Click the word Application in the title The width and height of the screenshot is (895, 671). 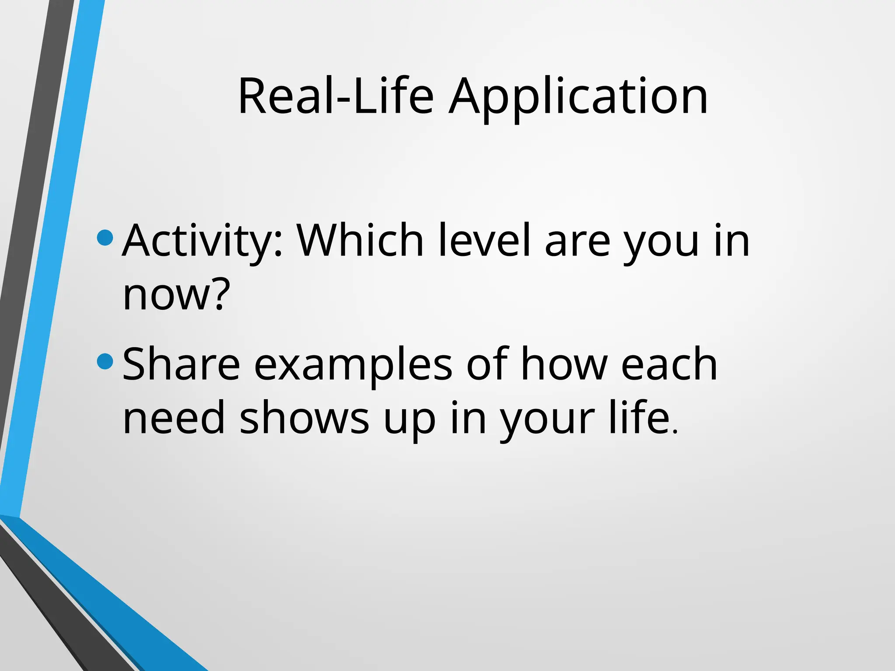[x=578, y=97]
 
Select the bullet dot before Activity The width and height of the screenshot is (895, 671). [x=105, y=238]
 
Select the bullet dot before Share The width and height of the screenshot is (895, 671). [x=105, y=361]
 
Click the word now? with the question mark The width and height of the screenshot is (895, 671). [x=176, y=295]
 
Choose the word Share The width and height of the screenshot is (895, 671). [x=181, y=364]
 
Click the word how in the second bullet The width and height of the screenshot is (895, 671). [x=564, y=364]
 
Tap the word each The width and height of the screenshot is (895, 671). [x=669, y=364]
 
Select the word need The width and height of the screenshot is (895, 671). [x=173, y=418]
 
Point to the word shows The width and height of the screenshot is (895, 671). [x=304, y=418]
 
